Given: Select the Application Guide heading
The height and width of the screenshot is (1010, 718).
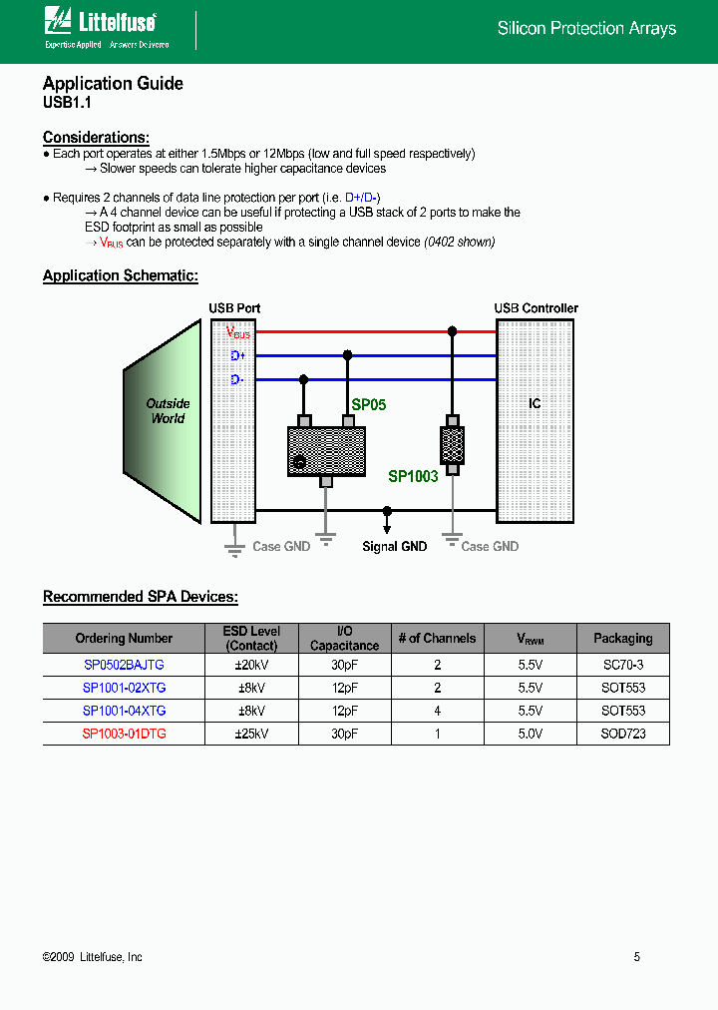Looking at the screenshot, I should (x=113, y=84).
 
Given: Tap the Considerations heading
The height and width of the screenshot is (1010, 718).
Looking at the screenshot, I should (x=96, y=138).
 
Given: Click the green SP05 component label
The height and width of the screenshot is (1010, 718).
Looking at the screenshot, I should (x=369, y=405).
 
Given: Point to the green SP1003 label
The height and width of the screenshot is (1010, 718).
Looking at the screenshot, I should (x=413, y=477).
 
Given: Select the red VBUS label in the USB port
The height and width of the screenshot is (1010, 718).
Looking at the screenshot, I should (x=237, y=332).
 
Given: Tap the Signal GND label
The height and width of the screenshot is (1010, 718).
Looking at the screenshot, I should (x=394, y=547).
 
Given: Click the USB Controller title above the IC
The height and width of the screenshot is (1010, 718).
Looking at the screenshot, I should (x=536, y=308).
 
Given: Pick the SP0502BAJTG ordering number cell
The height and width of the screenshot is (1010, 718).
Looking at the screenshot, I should (x=124, y=664).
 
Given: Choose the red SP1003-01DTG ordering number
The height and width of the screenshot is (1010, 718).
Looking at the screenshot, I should (x=124, y=734).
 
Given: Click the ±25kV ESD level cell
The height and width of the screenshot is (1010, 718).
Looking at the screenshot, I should (x=252, y=734).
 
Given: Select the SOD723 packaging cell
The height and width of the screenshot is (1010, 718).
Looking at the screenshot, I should (x=622, y=734).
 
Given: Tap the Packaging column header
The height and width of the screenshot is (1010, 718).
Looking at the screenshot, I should (x=622, y=639).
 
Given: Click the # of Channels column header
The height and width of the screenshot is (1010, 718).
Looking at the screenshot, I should (x=437, y=639).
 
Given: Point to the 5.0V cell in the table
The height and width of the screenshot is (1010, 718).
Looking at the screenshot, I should (x=530, y=734).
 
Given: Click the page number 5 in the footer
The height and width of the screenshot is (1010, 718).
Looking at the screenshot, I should (x=637, y=957).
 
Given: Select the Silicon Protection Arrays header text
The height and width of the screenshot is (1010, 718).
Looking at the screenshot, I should (x=586, y=29).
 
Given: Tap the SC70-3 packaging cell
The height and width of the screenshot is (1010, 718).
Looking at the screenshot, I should (x=622, y=664).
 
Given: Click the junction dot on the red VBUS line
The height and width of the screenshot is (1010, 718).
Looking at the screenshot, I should (x=452, y=331).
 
